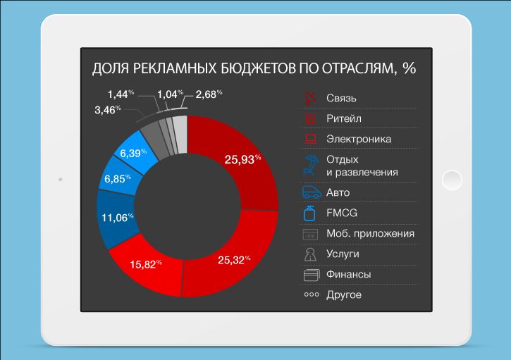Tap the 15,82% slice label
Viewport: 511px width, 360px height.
coord(145,265)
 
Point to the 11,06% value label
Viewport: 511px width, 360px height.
coord(118,218)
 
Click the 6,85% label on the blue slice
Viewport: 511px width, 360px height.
coord(118,179)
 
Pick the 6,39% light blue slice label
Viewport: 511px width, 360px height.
coord(133,153)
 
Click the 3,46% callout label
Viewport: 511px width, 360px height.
coord(107,110)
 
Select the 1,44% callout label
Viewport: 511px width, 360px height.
coord(121,93)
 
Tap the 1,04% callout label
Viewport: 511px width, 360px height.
coord(170,93)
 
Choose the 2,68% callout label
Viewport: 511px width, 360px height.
coord(209,93)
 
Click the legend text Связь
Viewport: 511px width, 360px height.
coord(342,97)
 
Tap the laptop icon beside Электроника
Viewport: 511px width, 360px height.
coord(311,139)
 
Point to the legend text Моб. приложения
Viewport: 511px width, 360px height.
coord(370,233)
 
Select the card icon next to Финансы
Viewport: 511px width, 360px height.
coord(311,274)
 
